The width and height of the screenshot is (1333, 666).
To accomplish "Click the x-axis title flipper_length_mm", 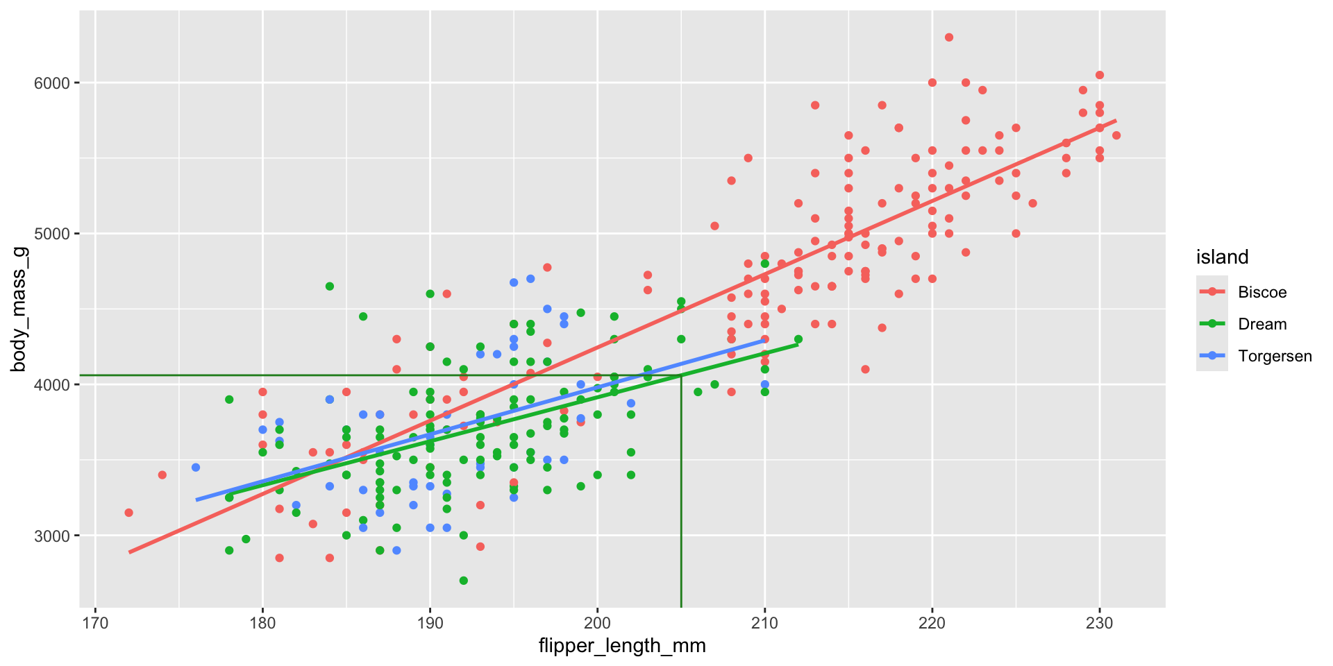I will coord(622,646).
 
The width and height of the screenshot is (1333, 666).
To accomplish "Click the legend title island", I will coord(1222,257).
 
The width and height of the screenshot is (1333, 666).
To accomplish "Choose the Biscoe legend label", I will coord(1262,292).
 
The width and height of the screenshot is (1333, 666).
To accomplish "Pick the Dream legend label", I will coord(1262,324).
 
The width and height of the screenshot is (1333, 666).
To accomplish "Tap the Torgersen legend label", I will coord(1275,356).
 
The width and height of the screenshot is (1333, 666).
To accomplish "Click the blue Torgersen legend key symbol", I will coord(1212,356).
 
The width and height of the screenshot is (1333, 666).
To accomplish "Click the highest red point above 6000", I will coord(949,37).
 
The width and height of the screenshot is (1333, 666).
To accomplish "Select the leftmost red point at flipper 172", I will coord(128,513).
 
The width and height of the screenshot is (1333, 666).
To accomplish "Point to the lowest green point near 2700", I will coord(464,581).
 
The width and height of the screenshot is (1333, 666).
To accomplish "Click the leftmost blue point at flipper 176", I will coord(196,468).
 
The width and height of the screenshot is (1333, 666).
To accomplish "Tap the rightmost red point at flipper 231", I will coord(1116,135).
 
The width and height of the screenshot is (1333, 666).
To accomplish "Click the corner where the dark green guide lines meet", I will coord(681,375).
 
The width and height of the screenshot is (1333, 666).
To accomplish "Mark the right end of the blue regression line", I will coord(764,340).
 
